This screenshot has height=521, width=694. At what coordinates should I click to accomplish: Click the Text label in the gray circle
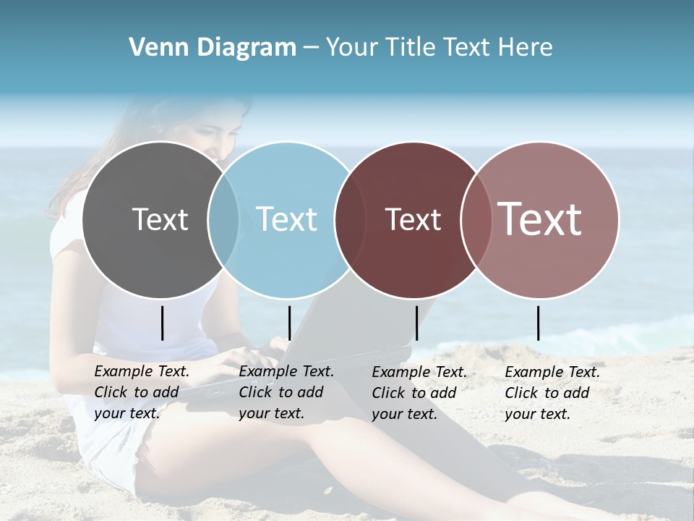[x=160, y=220]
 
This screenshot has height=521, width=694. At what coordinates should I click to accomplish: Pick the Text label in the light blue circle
[x=286, y=220]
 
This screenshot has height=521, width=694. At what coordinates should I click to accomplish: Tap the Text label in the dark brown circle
[x=413, y=220]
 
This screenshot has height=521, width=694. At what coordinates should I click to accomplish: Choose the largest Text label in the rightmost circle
[x=540, y=219]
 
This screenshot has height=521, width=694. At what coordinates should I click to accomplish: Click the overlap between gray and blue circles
[x=223, y=220]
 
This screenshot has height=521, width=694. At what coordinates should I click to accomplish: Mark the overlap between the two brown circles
[x=474, y=220]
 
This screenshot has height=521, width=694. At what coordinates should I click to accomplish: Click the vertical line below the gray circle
[x=162, y=323]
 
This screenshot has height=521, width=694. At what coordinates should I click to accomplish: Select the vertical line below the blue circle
[x=289, y=323]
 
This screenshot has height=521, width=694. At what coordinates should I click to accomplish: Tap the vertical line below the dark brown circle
[x=416, y=323]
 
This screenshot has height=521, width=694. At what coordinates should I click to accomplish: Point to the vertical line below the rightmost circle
[x=539, y=323]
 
